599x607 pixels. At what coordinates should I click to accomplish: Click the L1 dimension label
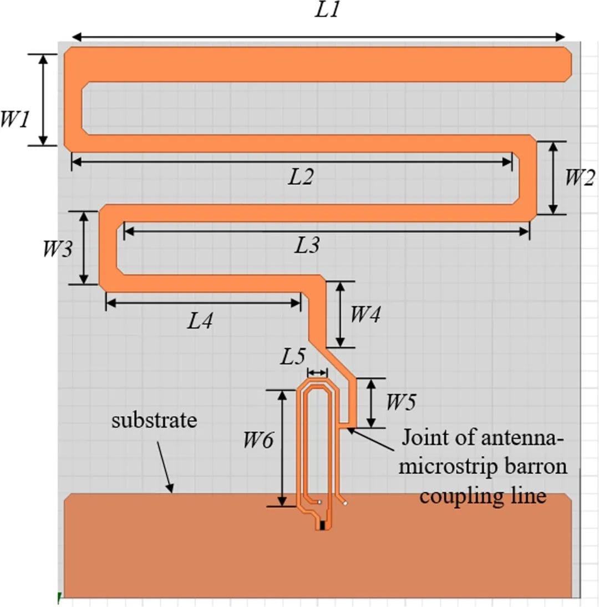pyautogui.click(x=327, y=11)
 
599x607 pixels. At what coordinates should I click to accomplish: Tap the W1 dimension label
pyautogui.click(x=14, y=118)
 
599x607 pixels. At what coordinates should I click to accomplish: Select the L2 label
pyautogui.click(x=301, y=177)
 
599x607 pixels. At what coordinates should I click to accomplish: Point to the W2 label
pyautogui.click(x=580, y=178)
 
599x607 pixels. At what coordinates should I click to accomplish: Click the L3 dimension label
pyautogui.click(x=307, y=245)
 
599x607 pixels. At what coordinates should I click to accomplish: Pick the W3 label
pyautogui.click(x=58, y=249)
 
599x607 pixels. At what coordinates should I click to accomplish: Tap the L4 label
pyautogui.click(x=200, y=321)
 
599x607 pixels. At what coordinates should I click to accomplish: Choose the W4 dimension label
pyautogui.click(x=365, y=315)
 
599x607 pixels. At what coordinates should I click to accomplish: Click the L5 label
pyautogui.click(x=292, y=357)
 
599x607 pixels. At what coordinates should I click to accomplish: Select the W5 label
pyautogui.click(x=400, y=402)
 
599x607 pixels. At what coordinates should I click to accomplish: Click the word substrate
pyautogui.click(x=154, y=420)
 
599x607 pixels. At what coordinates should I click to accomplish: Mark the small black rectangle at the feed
pyautogui.click(x=321, y=524)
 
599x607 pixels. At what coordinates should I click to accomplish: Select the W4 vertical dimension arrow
pyautogui.click(x=339, y=315)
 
